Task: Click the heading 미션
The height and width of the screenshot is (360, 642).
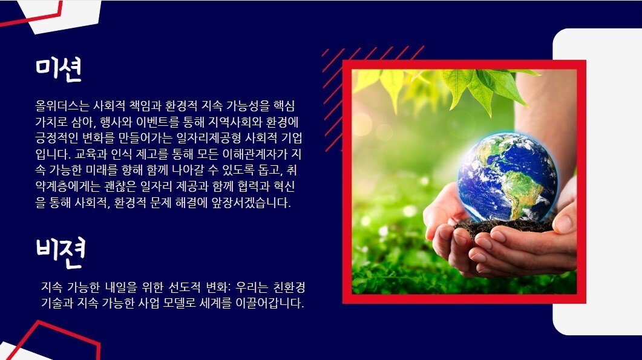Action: [x=59, y=69]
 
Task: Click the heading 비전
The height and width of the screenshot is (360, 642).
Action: [x=60, y=252]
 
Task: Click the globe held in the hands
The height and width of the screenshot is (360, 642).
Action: [x=508, y=177]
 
